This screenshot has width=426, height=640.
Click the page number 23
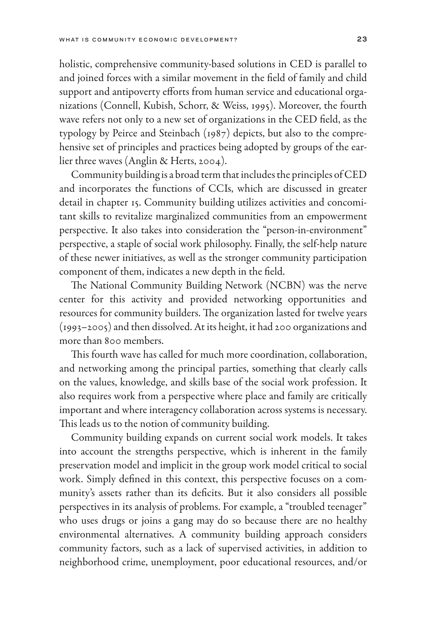click(362, 39)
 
